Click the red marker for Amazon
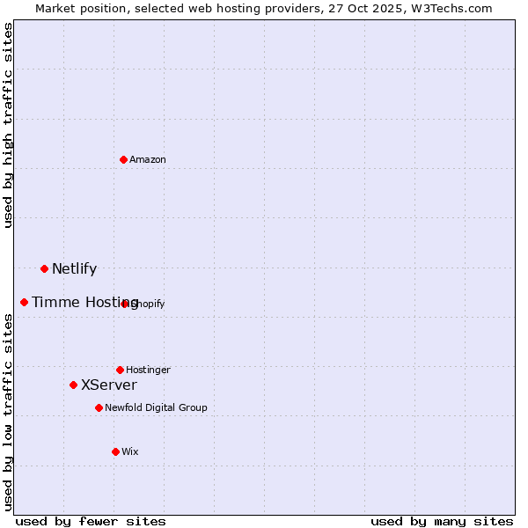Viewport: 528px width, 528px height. (x=124, y=159)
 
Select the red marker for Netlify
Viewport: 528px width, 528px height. (x=44, y=268)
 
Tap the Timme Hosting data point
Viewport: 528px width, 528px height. (x=24, y=302)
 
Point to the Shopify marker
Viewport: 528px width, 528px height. (x=125, y=304)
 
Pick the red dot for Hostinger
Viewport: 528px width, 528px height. (x=120, y=370)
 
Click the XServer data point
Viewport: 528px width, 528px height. (x=73, y=385)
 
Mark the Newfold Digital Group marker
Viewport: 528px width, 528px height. (x=99, y=407)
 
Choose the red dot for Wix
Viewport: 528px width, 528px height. (x=115, y=451)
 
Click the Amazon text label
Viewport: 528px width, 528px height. (x=148, y=160)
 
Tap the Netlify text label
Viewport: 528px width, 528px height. (x=74, y=269)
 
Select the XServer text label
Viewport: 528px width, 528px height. (x=109, y=385)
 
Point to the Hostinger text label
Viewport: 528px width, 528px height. (x=148, y=370)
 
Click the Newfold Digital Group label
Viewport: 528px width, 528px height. (x=156, y=408)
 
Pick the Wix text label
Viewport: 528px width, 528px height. (x=130, y=452)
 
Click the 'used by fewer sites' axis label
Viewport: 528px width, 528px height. (x=91, y=521)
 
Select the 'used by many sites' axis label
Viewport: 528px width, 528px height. (x=442, y=521)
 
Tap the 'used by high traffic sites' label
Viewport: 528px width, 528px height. (x=9, y=125)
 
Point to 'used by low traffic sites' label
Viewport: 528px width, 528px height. (x=9, y=412)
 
